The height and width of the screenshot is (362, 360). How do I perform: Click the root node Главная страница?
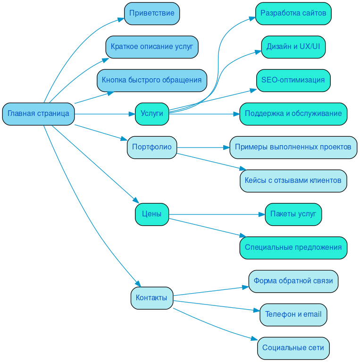(38, 114)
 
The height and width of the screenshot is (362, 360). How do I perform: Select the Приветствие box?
(151, 13)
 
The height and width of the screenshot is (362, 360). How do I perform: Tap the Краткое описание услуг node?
(151, 47)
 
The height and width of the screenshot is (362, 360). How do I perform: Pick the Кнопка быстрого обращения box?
(151, 80)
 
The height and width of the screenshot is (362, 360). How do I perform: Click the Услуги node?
(151, 114)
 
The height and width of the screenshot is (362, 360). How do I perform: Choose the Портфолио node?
(151, 147)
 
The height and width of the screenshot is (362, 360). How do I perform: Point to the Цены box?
(151, 214)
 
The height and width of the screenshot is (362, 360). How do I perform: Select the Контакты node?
(151, 298)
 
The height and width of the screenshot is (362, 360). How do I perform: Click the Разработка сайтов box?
(293, 13)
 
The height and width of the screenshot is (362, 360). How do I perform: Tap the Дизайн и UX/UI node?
(293, 47)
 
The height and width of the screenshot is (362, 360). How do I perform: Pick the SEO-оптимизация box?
(293, 80)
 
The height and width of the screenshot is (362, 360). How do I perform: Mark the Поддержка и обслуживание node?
(293, 114)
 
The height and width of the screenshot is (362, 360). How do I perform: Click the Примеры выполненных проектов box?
(293, 147)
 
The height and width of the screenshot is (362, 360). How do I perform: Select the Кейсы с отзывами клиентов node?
(293, 181)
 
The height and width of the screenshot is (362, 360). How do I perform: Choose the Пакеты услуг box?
(293, 214)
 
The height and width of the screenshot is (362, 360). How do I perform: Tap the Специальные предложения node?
(293, 247)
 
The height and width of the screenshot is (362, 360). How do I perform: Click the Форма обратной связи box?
(293, 281)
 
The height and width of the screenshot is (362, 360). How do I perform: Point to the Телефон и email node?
(293, 314)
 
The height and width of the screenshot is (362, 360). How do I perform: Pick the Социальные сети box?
(293, 348)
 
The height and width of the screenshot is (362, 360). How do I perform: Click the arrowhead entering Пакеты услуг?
(262, 214)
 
